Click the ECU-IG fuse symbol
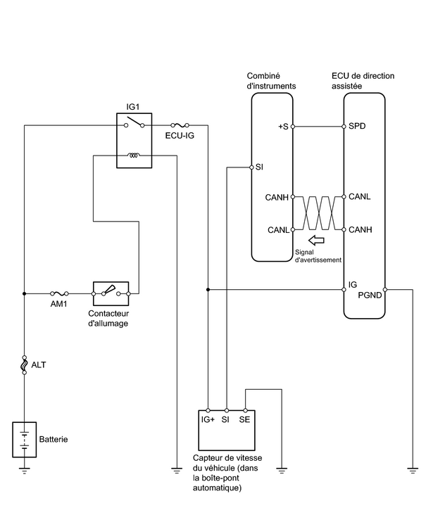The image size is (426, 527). pos(180,125)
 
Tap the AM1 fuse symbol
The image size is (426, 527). pos(59,293)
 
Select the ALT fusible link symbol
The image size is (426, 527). pos(24,364)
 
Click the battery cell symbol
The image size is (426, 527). pos(24,440)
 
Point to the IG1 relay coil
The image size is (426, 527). pos(134,155)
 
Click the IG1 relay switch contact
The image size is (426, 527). pos(134,122)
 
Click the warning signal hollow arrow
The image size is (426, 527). pos(316,241)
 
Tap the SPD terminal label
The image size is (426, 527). pos(357,126)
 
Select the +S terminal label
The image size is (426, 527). pos(283,127)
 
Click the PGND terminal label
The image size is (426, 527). pos(370,295)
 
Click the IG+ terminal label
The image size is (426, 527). pos(208,419)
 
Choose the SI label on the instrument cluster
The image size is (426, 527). pos(259,167)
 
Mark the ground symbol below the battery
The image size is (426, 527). pos(24,470)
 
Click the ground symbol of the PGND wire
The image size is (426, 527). pos(413,470)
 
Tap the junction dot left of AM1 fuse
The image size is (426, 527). pos(24,293)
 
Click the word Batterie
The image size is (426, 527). pos(54,439)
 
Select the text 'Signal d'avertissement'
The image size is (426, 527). pos(318,256)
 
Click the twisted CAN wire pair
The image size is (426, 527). pos(318,213)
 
